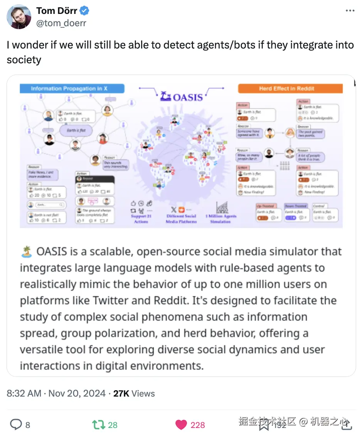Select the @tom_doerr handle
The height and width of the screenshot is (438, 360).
pyautogui.click(x=61, y=23)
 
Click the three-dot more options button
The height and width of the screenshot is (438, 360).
pyautogui.click(x=350, y=11)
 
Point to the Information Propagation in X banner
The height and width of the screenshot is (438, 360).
pyautogui.click(x=72, y=89)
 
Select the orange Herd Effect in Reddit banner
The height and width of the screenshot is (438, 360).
pyautogui.click(x=290, y=89)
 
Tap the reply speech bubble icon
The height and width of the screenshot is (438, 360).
pyautogui.click(x=15, y=425)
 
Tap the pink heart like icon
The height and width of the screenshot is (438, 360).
pyautogui.click(x=181, y=425)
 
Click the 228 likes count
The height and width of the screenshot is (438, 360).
pyautogui.click(x=198, y=425)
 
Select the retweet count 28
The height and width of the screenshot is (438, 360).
pyautogui.click(x=113, y=425)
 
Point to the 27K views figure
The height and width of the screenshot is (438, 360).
pyautogui.click(x=121, y=394)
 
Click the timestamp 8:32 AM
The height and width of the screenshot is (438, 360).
pyautogui.click(x=24, y=394)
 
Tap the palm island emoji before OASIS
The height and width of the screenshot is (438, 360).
pyautogui.click(x=26, y=252)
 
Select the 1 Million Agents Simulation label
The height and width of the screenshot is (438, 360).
pyautogui.click(x=220, y=219)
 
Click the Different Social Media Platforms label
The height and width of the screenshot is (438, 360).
pyautogui.click(x=181, y=219)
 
